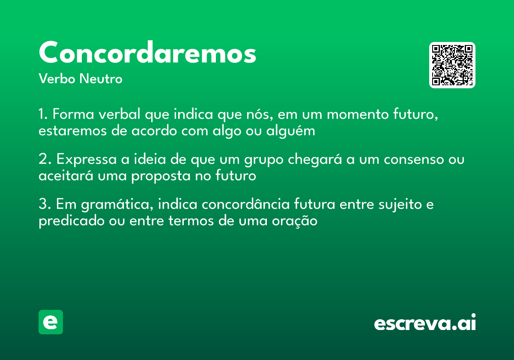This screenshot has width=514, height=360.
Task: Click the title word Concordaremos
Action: [x=147, y=53]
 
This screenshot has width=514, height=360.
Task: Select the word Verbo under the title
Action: [x=57, y=79]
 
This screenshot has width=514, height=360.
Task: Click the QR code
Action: [x=452, y=65]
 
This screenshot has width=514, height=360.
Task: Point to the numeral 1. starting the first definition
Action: [x=43, y=115]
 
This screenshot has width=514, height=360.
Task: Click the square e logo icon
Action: [x=51, y=322]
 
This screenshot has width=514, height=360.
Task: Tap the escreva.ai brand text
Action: [x=425, y=323]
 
